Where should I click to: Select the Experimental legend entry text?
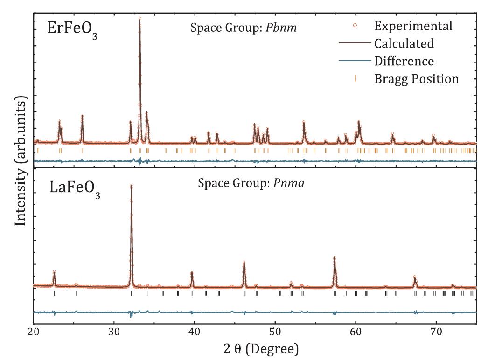(x=413, y=26)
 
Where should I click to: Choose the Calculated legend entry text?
(x=404, y=43)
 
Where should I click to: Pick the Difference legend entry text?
(x=404, y=61)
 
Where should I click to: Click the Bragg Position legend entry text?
(x=416, y=79)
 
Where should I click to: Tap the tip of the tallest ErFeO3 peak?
(x=139, y=19)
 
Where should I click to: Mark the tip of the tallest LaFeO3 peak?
(x=131, y=186)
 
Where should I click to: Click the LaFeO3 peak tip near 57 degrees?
(x=334, y=257)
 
